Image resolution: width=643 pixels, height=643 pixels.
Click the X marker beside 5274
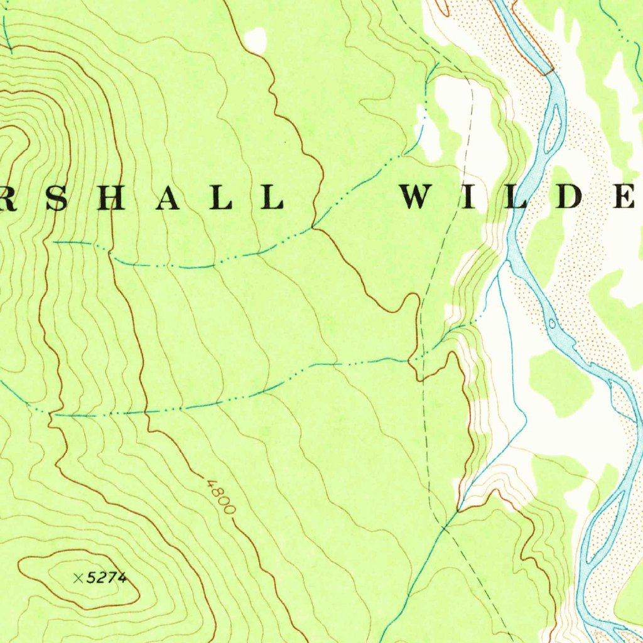[x=78, y=578]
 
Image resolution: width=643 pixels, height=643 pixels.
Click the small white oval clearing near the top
[x=256, y=41]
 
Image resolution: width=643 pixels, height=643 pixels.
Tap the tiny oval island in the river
[x=552, y=324]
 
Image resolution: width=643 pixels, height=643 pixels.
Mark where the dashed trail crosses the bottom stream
[x=445, y=529]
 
